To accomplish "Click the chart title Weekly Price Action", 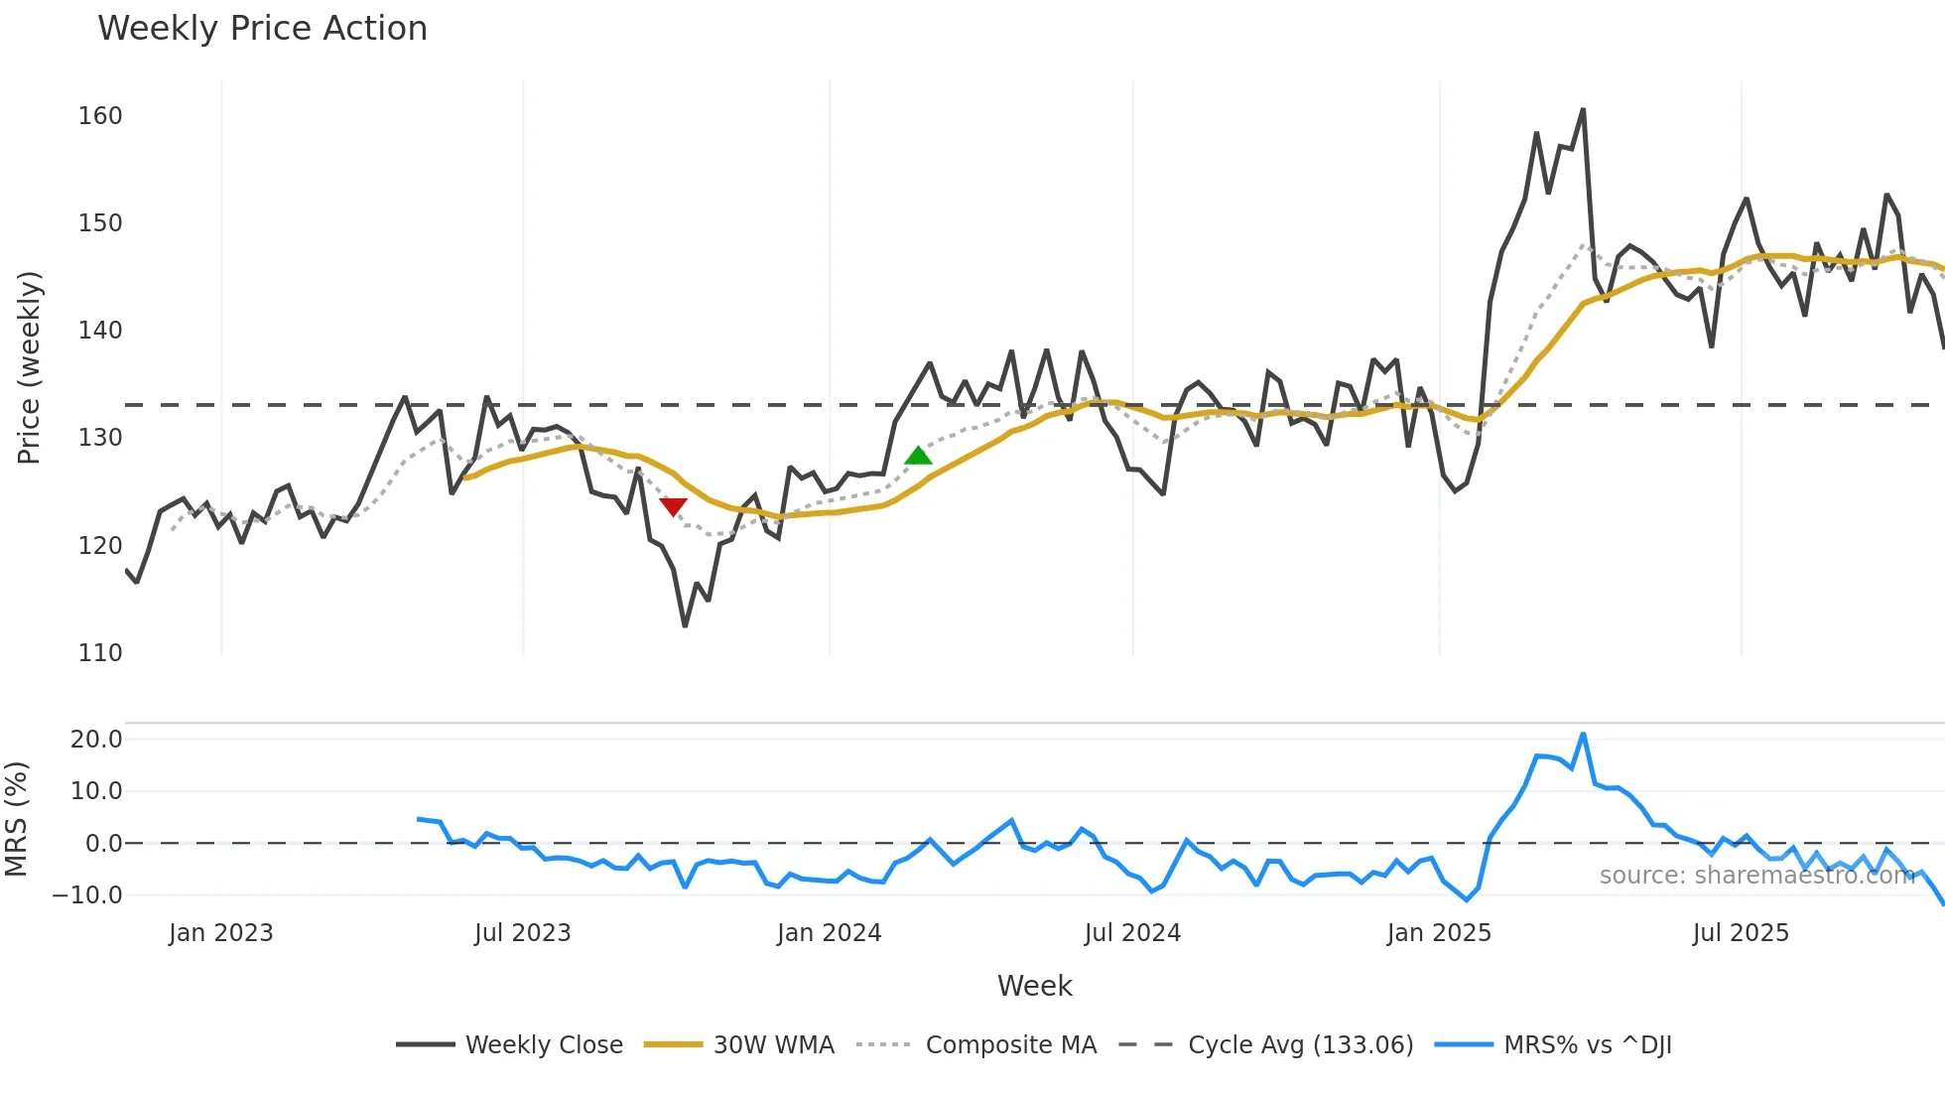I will point(262,29).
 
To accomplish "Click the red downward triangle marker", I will point(673,506).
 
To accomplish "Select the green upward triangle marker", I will point(918,456).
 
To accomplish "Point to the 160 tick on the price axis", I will point(100,116).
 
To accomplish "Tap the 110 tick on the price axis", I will point(100,653).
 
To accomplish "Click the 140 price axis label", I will point(100,331).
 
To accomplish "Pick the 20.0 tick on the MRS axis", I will point(96,740).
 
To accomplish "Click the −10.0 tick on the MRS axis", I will point(88,895).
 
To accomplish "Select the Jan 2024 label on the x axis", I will point(829,933).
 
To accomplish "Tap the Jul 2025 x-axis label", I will point(1741,933).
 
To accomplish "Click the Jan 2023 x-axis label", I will point(220,933).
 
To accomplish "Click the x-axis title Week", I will point(1034,986).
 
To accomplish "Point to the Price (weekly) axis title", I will point(29,367).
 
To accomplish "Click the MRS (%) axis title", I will point(16,819).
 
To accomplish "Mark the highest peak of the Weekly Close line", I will point(1583,110).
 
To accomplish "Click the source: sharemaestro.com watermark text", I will point(1756,876).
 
